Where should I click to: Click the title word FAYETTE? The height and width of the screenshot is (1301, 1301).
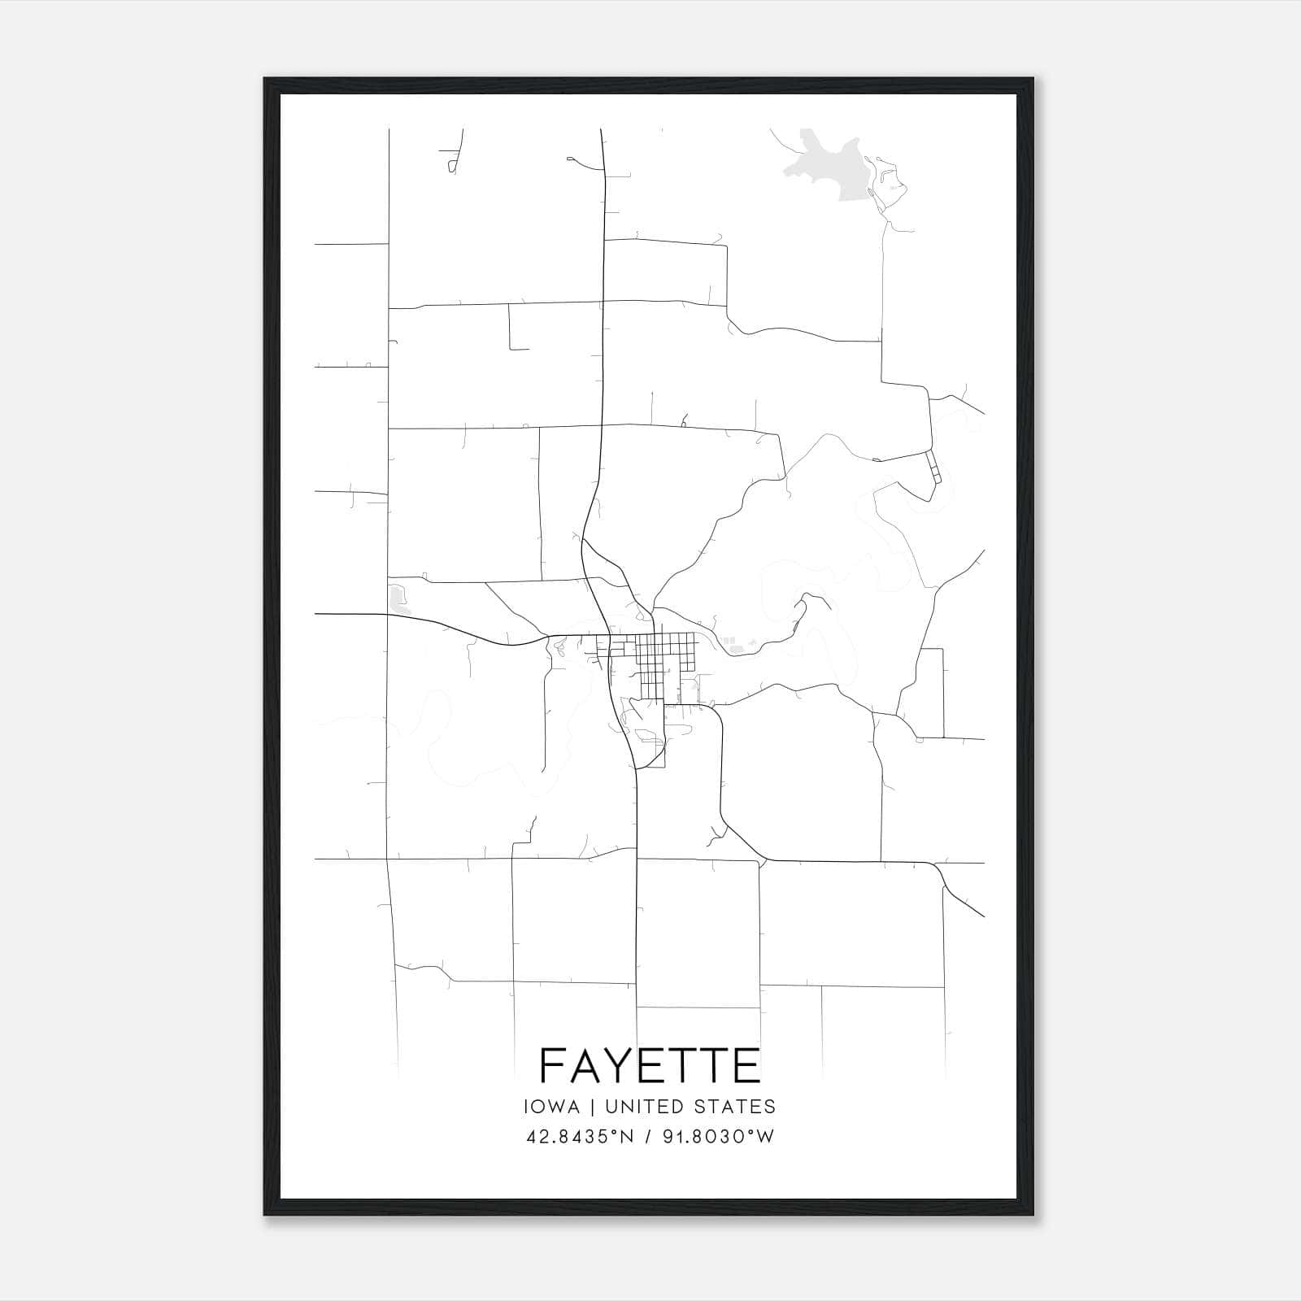(650, 1065)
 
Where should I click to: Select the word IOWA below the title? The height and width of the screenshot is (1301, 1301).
(552, 1107)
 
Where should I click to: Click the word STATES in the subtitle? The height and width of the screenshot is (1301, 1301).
(738, 1107)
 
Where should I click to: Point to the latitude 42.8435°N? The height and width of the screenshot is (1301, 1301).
(579, 1137)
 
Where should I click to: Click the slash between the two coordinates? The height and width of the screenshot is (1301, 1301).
(649, 1137)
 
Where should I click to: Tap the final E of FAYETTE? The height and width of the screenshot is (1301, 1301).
(746, 1065)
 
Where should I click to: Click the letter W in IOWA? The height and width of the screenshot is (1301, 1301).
(558, 1107)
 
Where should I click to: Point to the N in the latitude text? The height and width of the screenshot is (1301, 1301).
(626, 1137)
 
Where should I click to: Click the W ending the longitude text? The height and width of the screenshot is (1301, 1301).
(765, 1137)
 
